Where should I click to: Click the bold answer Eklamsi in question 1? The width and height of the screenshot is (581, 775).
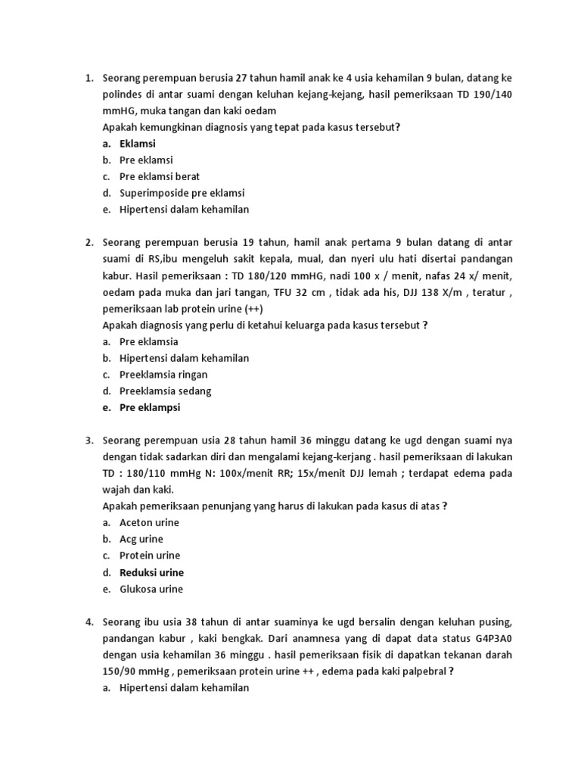click(x=138, y=144)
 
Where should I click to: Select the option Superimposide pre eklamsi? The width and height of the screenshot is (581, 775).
click(x=182, y=193)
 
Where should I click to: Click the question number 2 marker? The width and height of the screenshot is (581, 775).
click(x=89, y=242)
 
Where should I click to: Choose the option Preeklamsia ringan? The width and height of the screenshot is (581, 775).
click(x=163, y=375)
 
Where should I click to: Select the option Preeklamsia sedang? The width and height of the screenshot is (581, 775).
click(x=165, y=391)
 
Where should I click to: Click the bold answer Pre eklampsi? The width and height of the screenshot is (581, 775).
click(x=150, y=408)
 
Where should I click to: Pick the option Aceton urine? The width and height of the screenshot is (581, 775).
click(x=150, y=523)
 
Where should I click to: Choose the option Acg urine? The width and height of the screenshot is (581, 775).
click(x=141, y=540)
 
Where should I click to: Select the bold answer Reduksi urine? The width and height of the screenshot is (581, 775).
click(x=151, y=573)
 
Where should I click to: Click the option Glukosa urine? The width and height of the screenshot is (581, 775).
click(x=151, y=590)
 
